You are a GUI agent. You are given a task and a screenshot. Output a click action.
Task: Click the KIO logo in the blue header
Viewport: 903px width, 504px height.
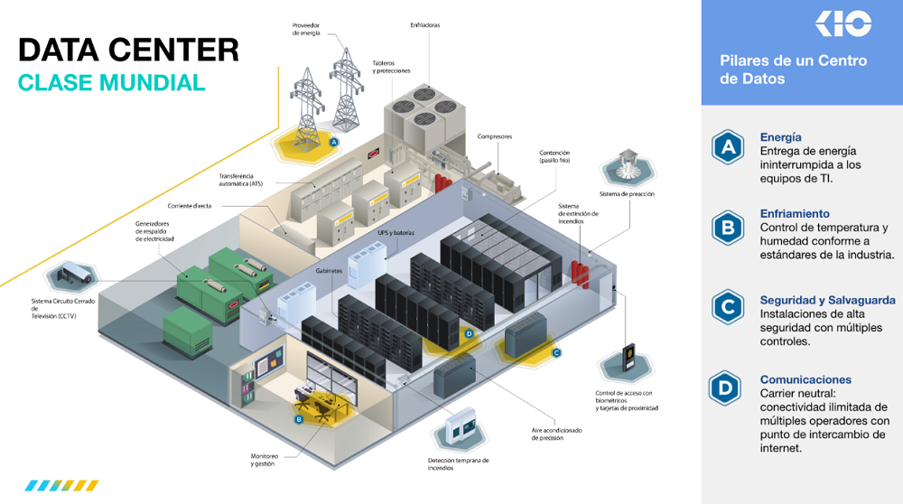(843, 23)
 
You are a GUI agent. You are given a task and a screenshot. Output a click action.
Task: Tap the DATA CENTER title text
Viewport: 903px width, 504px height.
(128, 50)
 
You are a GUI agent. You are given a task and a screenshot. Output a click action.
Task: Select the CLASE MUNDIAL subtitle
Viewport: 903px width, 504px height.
(111, 83)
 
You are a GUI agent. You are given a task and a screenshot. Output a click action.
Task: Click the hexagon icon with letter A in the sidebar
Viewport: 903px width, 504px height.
(728, 147)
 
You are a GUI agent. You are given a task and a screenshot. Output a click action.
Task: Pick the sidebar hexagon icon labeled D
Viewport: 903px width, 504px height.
(725, 388)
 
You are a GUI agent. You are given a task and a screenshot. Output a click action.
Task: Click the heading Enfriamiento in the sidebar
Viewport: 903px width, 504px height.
(795, 214)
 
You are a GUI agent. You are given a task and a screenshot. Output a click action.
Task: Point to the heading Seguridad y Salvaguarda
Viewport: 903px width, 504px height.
(827, 300)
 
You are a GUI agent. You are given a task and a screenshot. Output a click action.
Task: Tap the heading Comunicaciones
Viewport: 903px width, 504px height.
(805, 379)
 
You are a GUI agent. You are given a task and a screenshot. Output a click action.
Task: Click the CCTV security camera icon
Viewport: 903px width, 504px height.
(72, 276)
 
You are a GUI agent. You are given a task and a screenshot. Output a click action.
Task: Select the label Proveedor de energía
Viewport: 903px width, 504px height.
(306, 30)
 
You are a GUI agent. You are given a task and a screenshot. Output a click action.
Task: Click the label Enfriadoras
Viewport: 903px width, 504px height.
(425, 25)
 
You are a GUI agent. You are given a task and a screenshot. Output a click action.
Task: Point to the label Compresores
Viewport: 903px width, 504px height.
(495, 136)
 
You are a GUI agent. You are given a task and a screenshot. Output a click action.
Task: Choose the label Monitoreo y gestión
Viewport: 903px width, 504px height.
(265, 460)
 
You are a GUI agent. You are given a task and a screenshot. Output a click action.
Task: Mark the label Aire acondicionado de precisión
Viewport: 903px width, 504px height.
(556, 434)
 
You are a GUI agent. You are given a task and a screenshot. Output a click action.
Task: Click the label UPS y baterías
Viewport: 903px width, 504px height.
(396, 233)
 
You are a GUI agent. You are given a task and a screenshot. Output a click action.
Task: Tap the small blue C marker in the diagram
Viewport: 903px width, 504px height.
(556, 352)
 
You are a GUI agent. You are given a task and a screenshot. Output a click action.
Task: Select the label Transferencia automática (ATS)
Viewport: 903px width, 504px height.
(240, 180)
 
